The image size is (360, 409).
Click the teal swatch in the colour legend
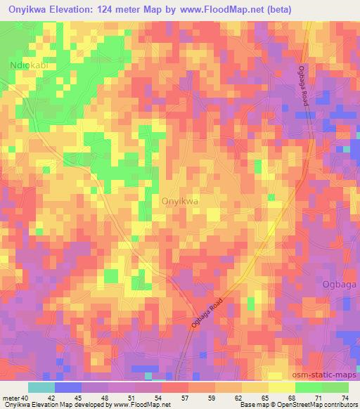41,387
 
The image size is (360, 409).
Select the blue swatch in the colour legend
67,387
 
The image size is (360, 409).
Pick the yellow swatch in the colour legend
282,387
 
